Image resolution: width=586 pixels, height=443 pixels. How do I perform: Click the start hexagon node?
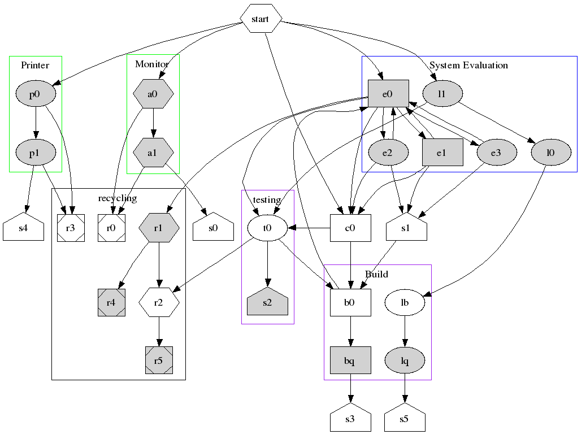pos(261,19)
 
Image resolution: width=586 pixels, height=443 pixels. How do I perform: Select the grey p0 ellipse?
pos(35,94)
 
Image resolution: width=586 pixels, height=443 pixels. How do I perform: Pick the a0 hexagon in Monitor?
pos(153,94)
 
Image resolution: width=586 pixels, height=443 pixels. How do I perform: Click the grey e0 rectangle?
pos(388,94)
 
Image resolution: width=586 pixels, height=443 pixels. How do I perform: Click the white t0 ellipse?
pos(267,228)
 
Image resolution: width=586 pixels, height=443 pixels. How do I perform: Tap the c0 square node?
pos(350,228)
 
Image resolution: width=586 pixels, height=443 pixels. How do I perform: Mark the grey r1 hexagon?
pos(159,228)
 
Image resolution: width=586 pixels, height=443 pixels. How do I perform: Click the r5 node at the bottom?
pos(159,360)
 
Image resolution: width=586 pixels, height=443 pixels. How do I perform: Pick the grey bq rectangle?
pos(350,360)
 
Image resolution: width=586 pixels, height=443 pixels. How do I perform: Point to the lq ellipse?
pos(405,360)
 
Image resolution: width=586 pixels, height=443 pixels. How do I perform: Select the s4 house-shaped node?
pos(23,229)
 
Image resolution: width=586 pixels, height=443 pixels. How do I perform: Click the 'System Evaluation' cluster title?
pos(468,65)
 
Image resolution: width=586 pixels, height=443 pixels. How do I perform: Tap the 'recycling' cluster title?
pos(118,198)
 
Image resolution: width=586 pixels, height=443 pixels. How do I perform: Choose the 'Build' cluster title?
pos(376,274)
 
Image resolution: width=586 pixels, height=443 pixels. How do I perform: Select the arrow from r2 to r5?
pos(159,332)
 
